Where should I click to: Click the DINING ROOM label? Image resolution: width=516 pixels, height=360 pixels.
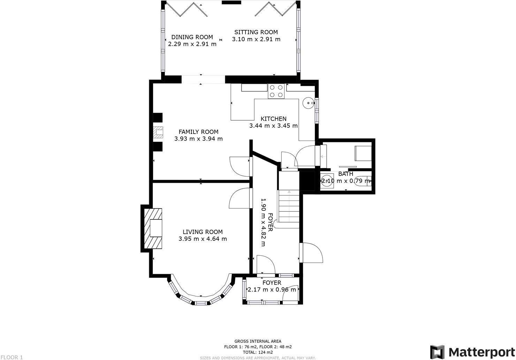coord(192,37)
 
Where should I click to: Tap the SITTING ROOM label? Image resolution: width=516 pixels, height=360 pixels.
coord(256,32)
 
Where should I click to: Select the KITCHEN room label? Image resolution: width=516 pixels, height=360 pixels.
coord(273,119)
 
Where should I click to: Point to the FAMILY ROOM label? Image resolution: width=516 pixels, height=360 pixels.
coord(198,132)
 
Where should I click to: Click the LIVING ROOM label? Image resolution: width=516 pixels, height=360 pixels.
coord(203,232)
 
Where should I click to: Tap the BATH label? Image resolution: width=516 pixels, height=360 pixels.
coord(346,174)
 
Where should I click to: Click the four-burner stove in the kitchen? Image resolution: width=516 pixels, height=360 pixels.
coord(276,91)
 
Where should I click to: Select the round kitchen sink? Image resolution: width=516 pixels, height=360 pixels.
coord(307,103)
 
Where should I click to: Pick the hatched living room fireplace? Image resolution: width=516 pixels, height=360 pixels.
coord(153,228)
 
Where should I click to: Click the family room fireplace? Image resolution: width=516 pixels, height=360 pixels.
coord(159,132)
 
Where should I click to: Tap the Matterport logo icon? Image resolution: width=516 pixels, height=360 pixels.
coord(437,351)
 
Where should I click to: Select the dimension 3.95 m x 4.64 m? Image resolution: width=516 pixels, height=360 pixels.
coord(203,239)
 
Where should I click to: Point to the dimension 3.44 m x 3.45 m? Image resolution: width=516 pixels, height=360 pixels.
coord(273,126)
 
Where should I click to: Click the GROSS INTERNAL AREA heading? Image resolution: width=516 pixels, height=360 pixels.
coord(258,341)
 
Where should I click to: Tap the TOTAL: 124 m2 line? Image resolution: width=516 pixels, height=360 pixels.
coord(258,352)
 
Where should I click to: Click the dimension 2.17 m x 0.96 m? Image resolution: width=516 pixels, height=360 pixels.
coord(272,290)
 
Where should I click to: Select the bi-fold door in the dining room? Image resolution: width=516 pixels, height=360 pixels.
coord(187,9)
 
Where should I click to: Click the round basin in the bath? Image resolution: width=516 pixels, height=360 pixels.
coord(327,181)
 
